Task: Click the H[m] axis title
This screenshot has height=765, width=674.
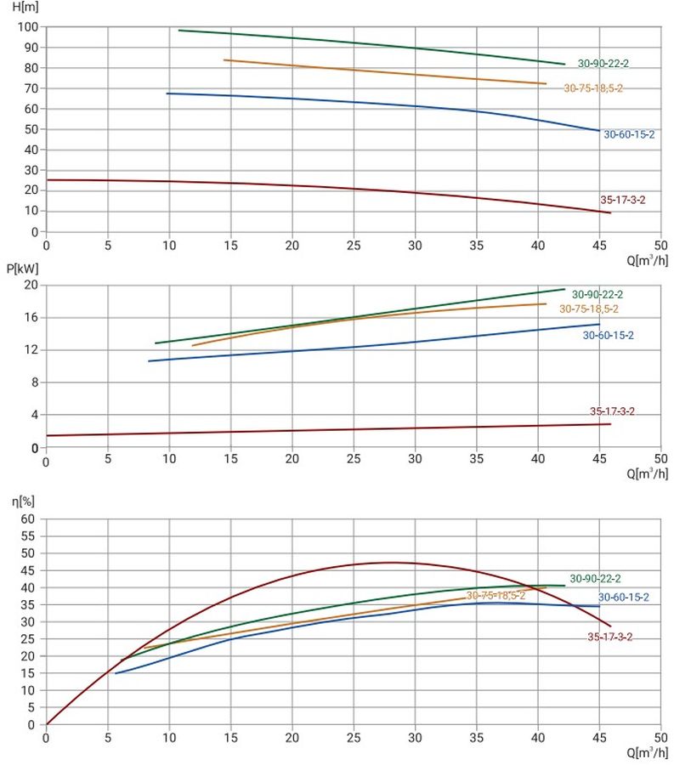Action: (25, 7)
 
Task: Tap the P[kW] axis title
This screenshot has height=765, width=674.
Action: (22, 269)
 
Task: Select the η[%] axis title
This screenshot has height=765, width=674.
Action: (24, 501)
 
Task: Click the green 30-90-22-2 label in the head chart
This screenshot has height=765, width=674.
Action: (603, 64)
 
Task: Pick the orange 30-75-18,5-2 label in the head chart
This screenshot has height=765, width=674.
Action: (593, 88)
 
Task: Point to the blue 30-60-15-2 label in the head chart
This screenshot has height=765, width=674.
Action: (629, 134)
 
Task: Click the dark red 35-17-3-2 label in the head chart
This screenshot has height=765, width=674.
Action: (623, 200)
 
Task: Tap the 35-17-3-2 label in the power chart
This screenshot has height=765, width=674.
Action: (612, 411)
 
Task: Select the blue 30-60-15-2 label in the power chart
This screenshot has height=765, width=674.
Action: (609, 335)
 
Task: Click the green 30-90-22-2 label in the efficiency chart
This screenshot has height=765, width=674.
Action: (595, 579)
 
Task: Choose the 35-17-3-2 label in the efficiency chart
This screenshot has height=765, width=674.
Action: (609, 637)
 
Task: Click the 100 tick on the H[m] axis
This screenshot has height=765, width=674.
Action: (28, 27)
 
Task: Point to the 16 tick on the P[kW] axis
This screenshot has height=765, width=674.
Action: (31, 317)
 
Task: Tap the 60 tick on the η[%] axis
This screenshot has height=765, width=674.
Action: (28, 518)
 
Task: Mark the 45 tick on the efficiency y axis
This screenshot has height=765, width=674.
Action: (28, 570)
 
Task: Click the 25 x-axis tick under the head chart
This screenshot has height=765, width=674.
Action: (354, 245)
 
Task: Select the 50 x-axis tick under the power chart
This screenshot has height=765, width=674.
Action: (661, 459)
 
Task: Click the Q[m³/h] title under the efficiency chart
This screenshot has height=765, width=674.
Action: (647, 752)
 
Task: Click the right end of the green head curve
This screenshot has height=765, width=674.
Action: (564, 64)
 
